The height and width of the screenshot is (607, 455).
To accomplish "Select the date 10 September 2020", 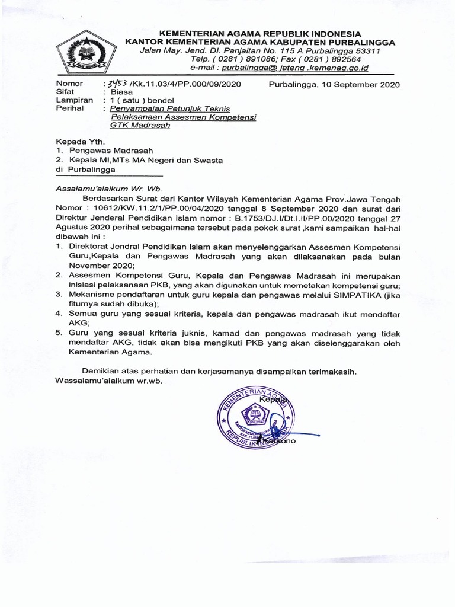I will tap(335, 85).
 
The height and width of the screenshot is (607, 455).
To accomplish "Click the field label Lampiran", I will tap(73, 101).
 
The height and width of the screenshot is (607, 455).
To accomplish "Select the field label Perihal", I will tap(69, 109).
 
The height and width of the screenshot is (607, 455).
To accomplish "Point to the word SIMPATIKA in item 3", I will tap(333, 295).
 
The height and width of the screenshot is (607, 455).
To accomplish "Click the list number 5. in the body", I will tap(59, 333).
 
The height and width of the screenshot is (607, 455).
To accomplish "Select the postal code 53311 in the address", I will tap(368, 51).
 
